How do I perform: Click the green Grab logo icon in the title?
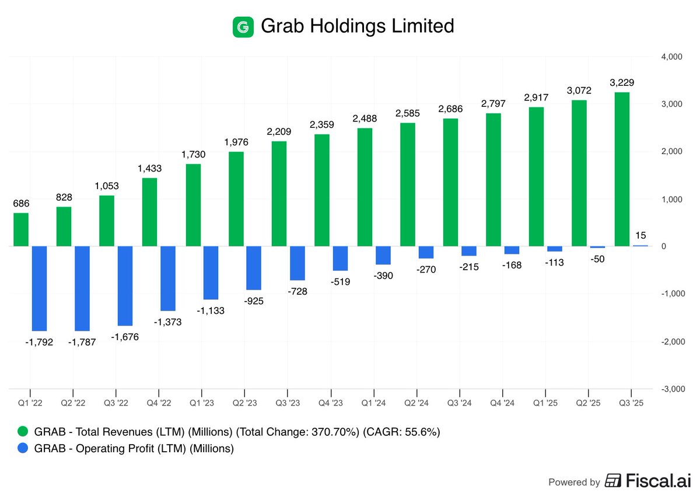pos(243,27)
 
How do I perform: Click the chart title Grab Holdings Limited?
pos(357,26)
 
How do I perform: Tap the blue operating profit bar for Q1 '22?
pos(39,288)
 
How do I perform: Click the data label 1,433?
pos(150,169)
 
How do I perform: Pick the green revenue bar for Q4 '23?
pos(322,190)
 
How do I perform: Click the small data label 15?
pos(640,236)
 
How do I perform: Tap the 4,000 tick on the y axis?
pos(671,57)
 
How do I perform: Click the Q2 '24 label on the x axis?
pos(417,403)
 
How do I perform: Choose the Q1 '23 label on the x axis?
pos(202,403)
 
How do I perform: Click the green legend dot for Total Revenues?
pos(22,432)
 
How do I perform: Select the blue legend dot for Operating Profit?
pos(22,449)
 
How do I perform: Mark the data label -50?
pos(597,259)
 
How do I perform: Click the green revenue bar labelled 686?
pos(21,229)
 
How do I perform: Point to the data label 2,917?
pos(537,97)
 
